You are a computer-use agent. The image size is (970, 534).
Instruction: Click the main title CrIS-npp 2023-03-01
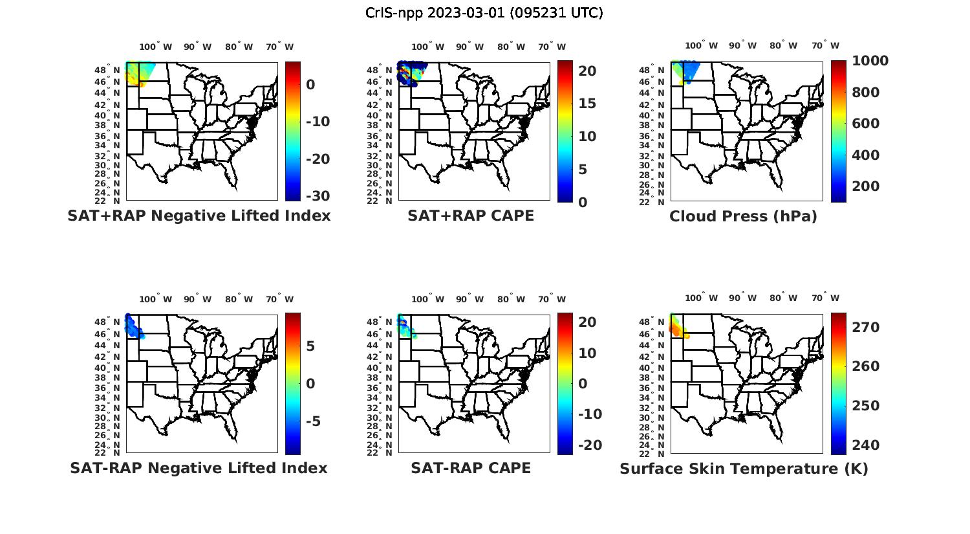pos(484,13)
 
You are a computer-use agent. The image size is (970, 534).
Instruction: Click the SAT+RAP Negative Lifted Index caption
pos(199,216)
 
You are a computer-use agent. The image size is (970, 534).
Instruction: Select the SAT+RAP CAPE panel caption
pos(471,216)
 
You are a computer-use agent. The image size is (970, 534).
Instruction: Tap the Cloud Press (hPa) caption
pos(743,217)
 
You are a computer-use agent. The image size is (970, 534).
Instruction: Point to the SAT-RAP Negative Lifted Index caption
pos(199,468)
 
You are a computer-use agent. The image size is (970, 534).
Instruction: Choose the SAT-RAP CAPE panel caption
pos(471,468)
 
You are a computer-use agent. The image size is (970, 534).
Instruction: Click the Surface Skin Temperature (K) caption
pos(744,469)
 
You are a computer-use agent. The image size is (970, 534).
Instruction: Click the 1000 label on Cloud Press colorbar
pos(870,61)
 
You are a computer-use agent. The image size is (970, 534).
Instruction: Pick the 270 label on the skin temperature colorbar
pos(866,328)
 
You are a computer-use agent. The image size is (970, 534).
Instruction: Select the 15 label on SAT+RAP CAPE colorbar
pos(587,104)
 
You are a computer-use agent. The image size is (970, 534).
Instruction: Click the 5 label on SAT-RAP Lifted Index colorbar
pos(310,346)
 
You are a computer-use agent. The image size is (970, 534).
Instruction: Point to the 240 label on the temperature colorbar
pos(866,445)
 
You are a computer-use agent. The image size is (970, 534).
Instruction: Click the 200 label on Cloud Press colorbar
pos(866,186)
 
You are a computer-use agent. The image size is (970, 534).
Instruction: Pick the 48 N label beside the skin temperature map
pos(652,322)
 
